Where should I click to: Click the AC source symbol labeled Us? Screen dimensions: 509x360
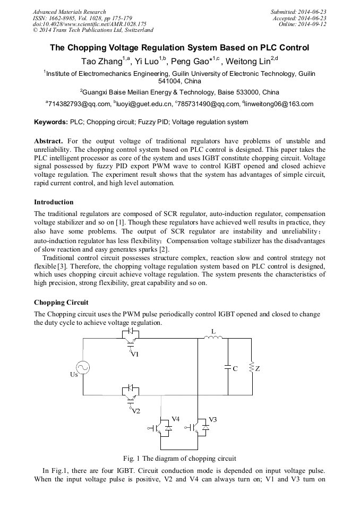(83, 367)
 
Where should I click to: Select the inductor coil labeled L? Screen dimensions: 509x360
(213, 338)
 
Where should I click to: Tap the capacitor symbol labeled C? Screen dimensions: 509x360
(228, 367)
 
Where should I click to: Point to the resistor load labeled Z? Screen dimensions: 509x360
(251, 368)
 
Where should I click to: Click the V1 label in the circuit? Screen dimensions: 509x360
(135, 354)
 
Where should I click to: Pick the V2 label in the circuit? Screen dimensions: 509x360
(136, 411)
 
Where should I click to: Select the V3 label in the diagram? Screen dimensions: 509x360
(212, 419)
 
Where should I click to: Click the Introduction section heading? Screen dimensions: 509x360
(54, 202)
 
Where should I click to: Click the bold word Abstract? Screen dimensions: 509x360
(48, 141)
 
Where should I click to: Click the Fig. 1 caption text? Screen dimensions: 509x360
(179, 458)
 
